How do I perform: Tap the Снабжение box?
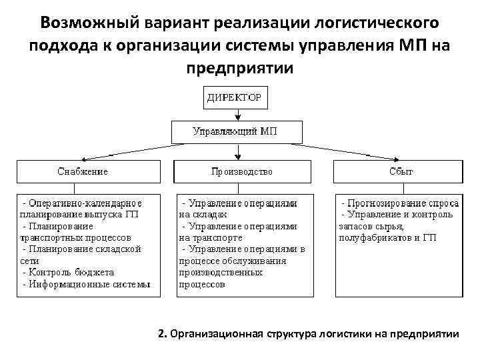click(x=83, y=171)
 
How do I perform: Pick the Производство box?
click(x=242, y=171)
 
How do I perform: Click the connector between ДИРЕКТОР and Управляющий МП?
click(x=237, y=115)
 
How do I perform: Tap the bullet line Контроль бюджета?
click(x=69, y=272)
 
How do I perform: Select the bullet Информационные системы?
click(x=87, y=283)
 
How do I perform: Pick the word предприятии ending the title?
click(x=240, y=68)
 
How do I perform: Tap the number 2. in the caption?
click(x=162, y=333)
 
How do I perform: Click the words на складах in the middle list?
click(x=203, y=214)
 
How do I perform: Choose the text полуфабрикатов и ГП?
click(x=387, y=237)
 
